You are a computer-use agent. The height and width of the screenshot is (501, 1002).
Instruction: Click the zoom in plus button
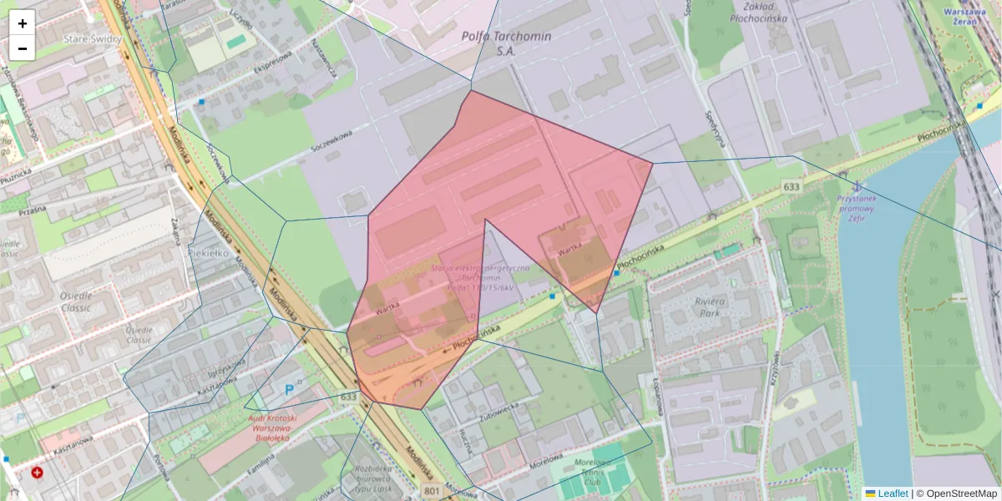coord(23,23)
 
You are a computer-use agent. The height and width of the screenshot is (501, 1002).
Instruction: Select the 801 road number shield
coord(432,490)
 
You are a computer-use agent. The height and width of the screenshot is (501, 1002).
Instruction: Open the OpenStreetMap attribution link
coord(961,493)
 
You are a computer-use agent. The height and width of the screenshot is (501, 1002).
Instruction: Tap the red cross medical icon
coord(38,473)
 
